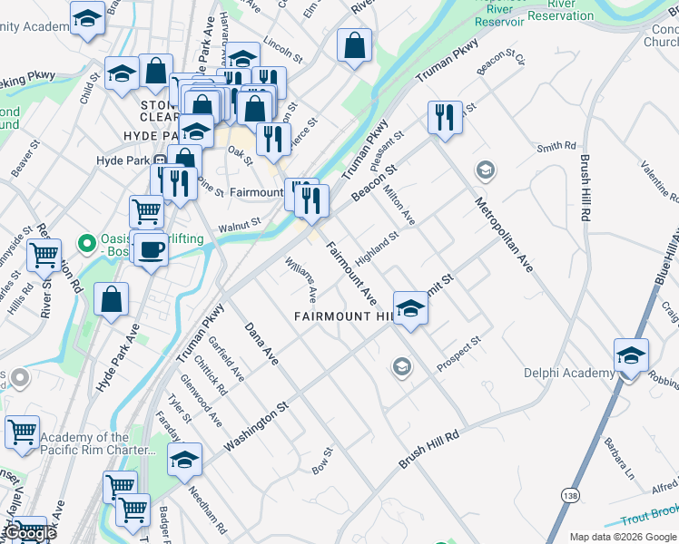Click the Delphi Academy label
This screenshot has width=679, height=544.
pos(568,373)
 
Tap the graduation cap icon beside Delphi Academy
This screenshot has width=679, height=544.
pos(631,355)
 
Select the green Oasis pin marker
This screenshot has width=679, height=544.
pos(87,243)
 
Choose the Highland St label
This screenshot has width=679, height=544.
pos(377,248)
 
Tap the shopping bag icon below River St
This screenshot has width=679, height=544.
pos(111,300)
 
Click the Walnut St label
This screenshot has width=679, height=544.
pos(240,222)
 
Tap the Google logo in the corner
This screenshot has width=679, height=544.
pos(31,533)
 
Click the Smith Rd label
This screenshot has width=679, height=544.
pos(556,146)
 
